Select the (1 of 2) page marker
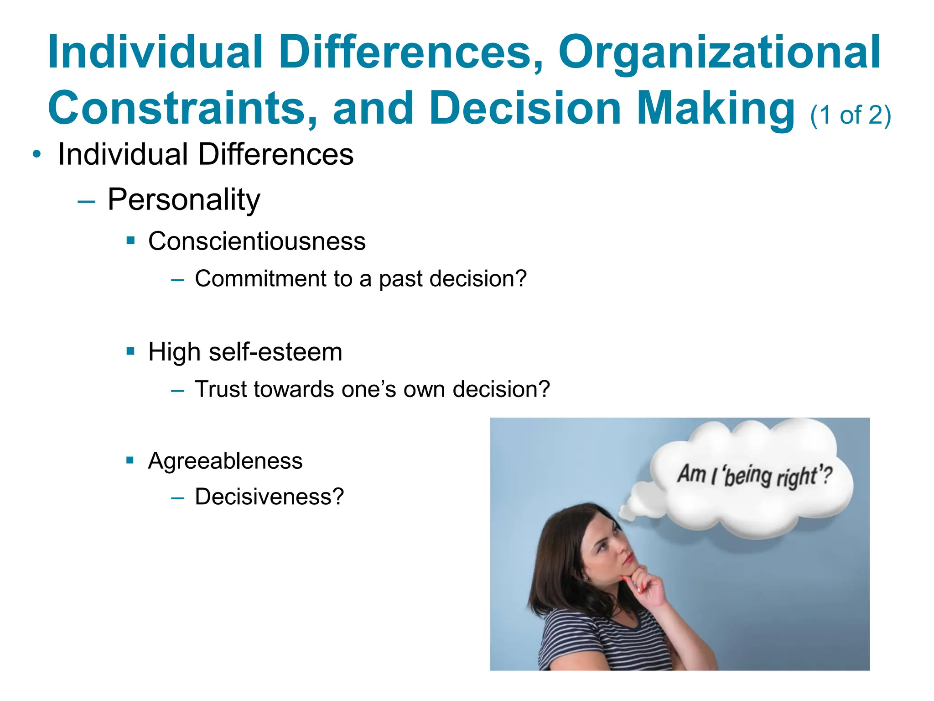[850, 115]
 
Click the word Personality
[184, 199]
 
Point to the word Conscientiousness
[257, 241]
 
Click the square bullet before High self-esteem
[131, 351]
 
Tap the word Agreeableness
[225, 460]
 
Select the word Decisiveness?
[269, 497]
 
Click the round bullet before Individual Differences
[37, 154]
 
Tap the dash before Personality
[86, 201]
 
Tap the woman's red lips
[629, 558]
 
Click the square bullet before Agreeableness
[130, 460]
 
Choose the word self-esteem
[275, 352]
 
